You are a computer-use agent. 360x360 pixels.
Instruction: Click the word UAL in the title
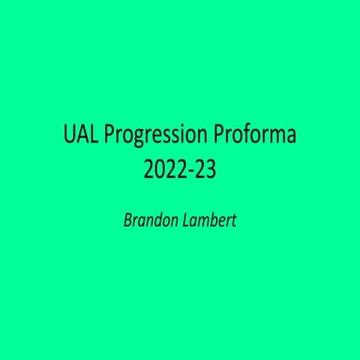pos(79,136)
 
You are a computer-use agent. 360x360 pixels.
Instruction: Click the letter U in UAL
pos(68,136)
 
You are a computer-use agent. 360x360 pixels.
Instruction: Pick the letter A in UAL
pos(81,136)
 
